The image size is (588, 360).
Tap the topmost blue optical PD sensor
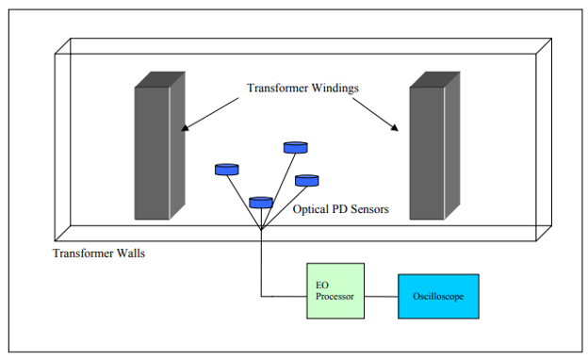pos(295,147)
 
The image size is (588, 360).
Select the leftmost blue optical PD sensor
pos(226,170)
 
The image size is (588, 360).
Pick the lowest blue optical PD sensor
pos(261,202)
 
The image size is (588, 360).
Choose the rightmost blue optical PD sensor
pos(307,180)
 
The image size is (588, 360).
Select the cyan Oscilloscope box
pos(437,295)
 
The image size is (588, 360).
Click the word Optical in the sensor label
pos(312,209)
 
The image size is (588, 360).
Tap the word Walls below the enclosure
pos(127,254)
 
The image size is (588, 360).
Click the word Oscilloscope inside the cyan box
pos(437,296)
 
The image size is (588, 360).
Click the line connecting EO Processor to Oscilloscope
pos(381,296)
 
